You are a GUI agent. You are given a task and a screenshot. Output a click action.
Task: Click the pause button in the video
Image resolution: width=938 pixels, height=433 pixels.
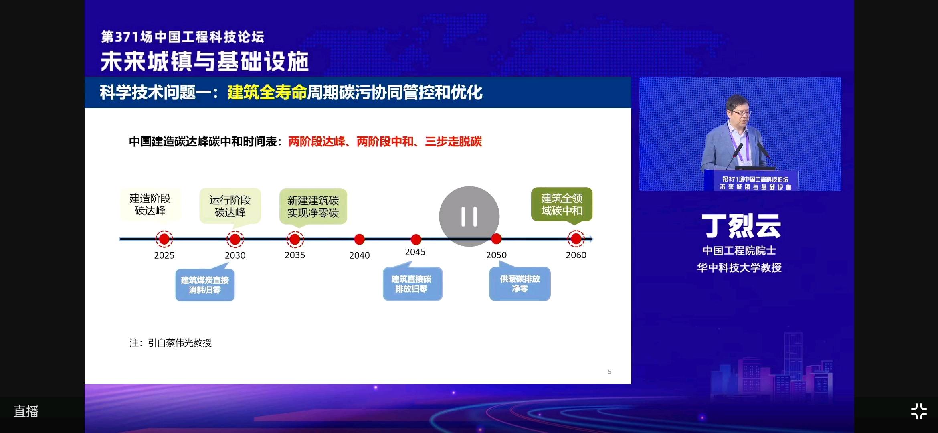pyautogui.click(x=469, y=216)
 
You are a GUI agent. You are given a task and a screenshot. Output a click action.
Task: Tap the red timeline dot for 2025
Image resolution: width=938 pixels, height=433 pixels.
pyautogui.click(x=164, y=239)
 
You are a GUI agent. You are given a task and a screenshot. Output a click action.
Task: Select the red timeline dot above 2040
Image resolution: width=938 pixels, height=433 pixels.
pyautogui.click(x=360, y=239)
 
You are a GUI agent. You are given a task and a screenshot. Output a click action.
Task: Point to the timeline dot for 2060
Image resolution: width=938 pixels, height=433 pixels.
pyautogui.click(x=576, y=239)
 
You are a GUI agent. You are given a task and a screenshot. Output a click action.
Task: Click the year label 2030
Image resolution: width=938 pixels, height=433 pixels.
pyautogui.click(x=235, y=255)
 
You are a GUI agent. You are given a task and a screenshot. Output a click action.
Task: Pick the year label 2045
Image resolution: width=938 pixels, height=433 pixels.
pyautogui.click(x=415, y=252)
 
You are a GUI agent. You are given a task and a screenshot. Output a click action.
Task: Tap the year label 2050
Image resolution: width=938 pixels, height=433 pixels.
pyautogui.click(x=496, y=255)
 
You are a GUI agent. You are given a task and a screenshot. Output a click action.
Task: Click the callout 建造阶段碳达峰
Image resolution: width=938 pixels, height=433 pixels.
pyautogui.click(x=150, y=204)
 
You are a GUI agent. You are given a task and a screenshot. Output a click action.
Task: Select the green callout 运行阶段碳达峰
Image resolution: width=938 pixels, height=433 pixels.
pyautogui.click(x=230, y=206)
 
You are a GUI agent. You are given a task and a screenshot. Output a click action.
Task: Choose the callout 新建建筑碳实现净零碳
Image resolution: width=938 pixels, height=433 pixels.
pyautogui.click(x=313, y=206)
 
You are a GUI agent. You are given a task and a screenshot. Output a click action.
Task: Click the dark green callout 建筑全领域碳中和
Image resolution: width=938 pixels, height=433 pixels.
pyautogui.click(x=562, y=204)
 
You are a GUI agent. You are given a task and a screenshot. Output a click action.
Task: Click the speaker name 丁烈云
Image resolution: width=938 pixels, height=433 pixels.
pyautogui.click(x=741, y=226)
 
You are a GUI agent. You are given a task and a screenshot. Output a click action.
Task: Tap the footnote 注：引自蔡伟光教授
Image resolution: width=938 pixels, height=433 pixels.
pyautogui.click(x=170, y=343)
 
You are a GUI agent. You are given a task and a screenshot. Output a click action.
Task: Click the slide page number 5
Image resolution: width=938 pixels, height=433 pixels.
pyautogui.click(x=610, y=372)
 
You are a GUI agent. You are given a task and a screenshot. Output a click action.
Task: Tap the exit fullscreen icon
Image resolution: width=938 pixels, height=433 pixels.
pyautogui.click(x=919, y=411)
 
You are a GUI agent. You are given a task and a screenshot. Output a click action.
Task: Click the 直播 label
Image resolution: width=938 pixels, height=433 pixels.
pyautogui.click(x=26, y=411)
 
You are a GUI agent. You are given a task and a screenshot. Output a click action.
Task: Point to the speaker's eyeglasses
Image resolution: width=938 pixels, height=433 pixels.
pyautogui.click(x=741, y=113)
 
